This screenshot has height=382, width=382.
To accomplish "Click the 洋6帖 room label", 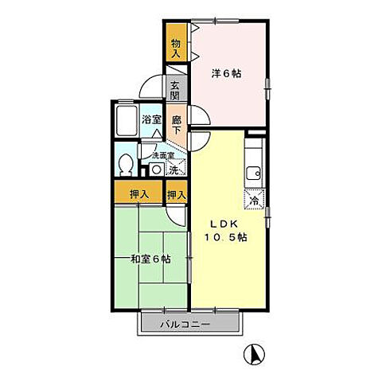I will (x=227, y=74).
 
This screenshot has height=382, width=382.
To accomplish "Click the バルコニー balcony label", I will (x=189, y=325).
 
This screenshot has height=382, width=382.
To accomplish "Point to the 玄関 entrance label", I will (x=175, y=90).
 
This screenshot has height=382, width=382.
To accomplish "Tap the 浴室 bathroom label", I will (x=152, y=120).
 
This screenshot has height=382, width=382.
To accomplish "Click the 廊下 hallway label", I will (x=177, y=121).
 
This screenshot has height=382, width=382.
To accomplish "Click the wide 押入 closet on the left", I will (x=138, y=193).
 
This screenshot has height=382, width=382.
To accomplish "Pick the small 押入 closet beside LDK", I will (x=177, y=194).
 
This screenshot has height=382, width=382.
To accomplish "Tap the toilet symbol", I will (x=124, y=164).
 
